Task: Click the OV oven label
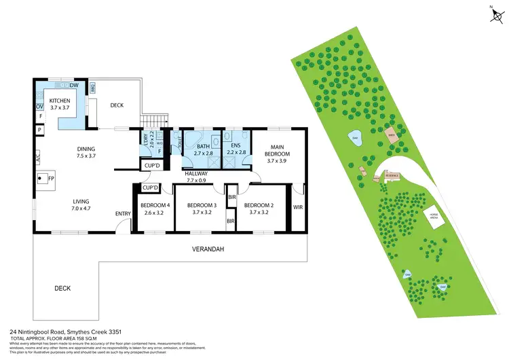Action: (x=39, y=106)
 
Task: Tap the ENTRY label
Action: (x=123, y=213)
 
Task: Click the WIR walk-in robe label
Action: (x=297, y=206)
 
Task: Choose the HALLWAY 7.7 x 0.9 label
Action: (x=197, y=177)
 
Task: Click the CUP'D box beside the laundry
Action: (x=151, y=165)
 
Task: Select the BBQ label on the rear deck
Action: (x=93, y=86)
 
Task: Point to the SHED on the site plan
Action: (x=391, y=133)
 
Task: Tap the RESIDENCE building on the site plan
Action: (x=392, y=175)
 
